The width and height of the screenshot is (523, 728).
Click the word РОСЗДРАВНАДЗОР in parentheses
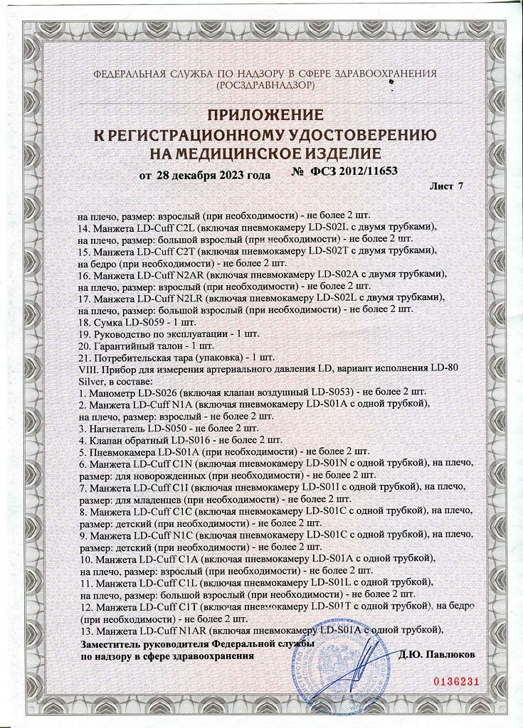tap(265, 85)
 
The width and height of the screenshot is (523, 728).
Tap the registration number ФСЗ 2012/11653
tap(354, 171)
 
